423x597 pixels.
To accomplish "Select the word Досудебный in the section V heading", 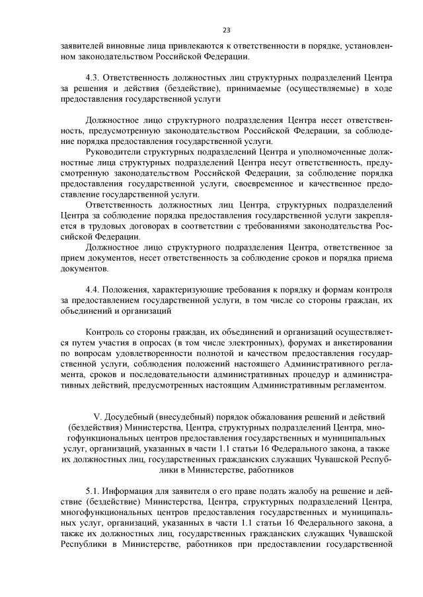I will pos(131,416).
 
